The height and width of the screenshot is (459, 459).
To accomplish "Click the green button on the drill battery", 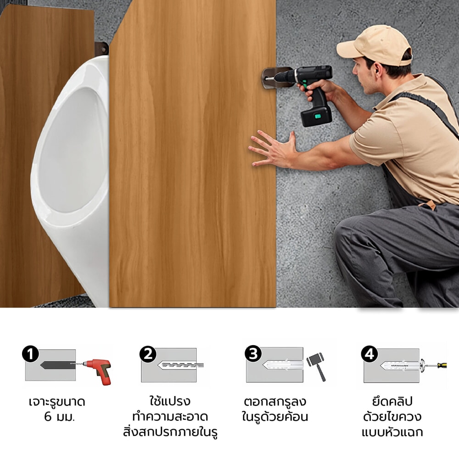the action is tap(317, 116).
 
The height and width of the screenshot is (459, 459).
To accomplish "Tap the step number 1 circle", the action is tap(30, 354).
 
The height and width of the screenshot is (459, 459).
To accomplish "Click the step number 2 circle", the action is tap(148, 354).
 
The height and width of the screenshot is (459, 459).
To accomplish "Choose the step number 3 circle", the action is tap(253, 353).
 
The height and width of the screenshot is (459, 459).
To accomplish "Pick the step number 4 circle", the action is tap(369, 354).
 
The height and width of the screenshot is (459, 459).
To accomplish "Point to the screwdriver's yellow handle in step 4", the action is tap(442, 365).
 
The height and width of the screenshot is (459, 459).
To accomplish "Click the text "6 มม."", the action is tap(59, 417).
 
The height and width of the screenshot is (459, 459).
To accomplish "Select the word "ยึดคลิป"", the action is tap(392, 401).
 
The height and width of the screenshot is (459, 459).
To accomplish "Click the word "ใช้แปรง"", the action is tap(170, 401).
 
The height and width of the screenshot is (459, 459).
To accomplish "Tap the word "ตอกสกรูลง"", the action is tap(275, 401).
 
